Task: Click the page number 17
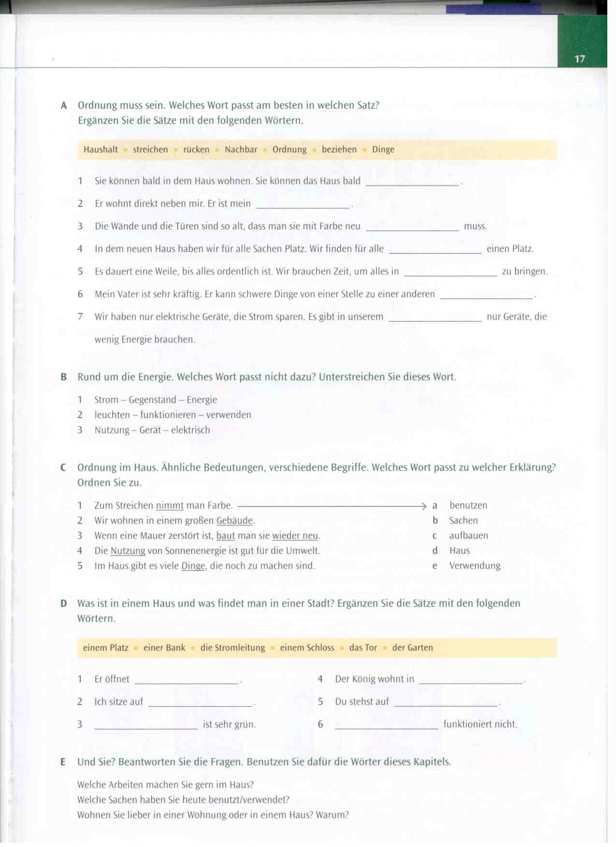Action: (x=579, y=59)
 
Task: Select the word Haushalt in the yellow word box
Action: (x=100, y=150)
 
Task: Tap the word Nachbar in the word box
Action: (x=241, y=150)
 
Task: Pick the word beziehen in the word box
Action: (x=339, y=150)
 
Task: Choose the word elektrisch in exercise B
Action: (x=190, y=430)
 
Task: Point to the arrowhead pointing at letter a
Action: (x=424, y=506)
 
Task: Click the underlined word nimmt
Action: (x=170, y=506)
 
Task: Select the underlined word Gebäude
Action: (x=234, y=521)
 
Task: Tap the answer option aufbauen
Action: (x=468, y=536)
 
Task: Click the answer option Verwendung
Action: (x=474, y=566)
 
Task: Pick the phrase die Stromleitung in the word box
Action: (x=232, y=648)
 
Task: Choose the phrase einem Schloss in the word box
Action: (x=307, y=648)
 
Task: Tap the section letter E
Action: (x=63, y=762)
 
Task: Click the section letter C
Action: (x=63, y=468)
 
